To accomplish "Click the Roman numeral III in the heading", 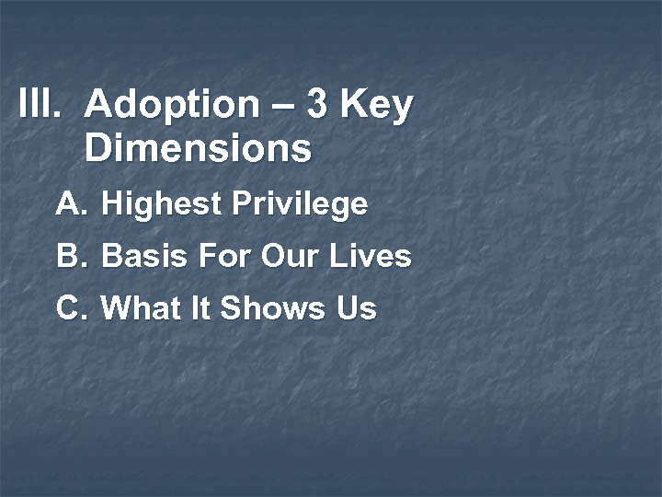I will coord(39,104).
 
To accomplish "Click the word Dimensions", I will coord(198,148).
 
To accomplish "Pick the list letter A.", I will coord(70,203).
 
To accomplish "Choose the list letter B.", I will coord(70,256).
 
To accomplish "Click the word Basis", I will coord(139,256).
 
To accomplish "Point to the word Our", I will coord(289,256).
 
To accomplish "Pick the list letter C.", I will coord(71,308).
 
